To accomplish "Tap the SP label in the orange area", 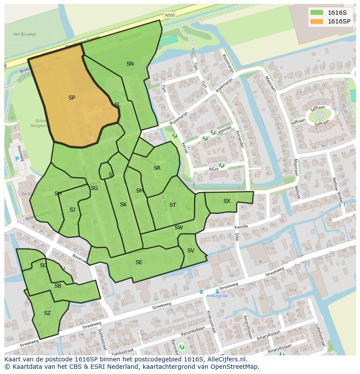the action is tap(72, 98).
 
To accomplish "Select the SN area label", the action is tap(130, 64).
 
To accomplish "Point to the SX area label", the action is tap(227, 201).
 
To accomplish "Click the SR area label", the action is tap(157, 168).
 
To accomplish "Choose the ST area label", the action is tap(173, 205).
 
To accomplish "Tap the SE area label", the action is tap(139, 262).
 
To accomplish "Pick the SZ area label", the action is tap(47, 313).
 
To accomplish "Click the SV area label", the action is tap(190, 251).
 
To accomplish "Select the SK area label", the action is tap(123, 205).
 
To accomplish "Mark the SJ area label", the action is tap(72, 210).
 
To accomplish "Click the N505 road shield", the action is tap(170, 15).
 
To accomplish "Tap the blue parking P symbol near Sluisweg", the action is tap(17, 159).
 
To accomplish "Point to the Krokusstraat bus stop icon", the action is tap(201, 292).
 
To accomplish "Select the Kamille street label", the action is tap(241, 227).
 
